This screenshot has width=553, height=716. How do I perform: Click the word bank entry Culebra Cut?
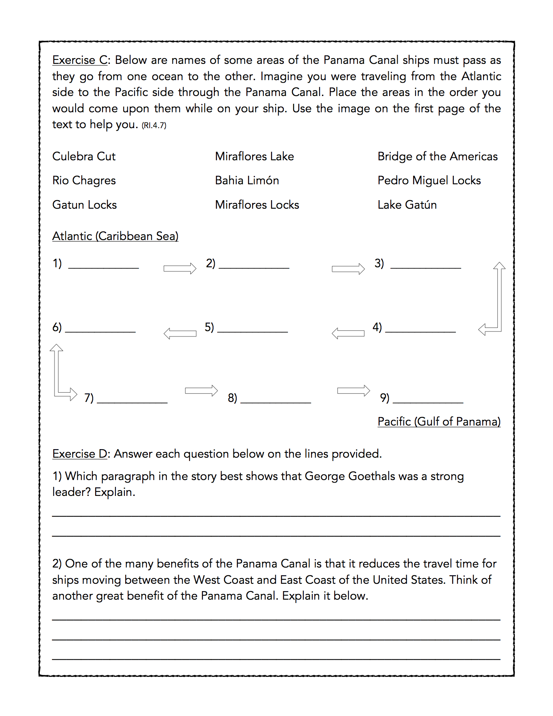84,157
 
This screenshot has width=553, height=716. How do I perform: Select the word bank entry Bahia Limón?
247,181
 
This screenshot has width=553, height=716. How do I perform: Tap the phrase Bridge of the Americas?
437,157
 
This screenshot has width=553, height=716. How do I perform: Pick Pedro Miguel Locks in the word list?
429,181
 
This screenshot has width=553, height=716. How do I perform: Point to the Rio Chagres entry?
84,181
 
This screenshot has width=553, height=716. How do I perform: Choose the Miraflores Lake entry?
254,157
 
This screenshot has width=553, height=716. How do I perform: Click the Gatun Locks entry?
85,205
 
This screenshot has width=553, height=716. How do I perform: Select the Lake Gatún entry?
407,205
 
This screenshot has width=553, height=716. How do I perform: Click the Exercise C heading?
80,60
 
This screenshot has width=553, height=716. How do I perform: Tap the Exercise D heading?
80,454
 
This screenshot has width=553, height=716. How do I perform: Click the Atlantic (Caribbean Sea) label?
115,236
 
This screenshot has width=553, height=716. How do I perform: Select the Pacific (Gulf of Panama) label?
439,422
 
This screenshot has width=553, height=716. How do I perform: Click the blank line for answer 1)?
104,267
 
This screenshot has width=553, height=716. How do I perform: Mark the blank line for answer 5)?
253,331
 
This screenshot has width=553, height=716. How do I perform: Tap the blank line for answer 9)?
428,402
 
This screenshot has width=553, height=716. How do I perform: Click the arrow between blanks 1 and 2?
180,268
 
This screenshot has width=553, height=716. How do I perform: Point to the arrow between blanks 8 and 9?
353,391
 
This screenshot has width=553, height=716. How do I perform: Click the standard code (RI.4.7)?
154,126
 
